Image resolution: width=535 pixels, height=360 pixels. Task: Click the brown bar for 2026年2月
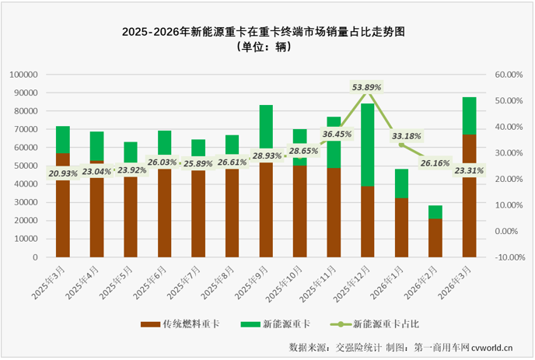(x=435, y=238)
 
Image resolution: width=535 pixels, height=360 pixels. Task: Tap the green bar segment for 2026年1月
(x=400, y=183)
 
